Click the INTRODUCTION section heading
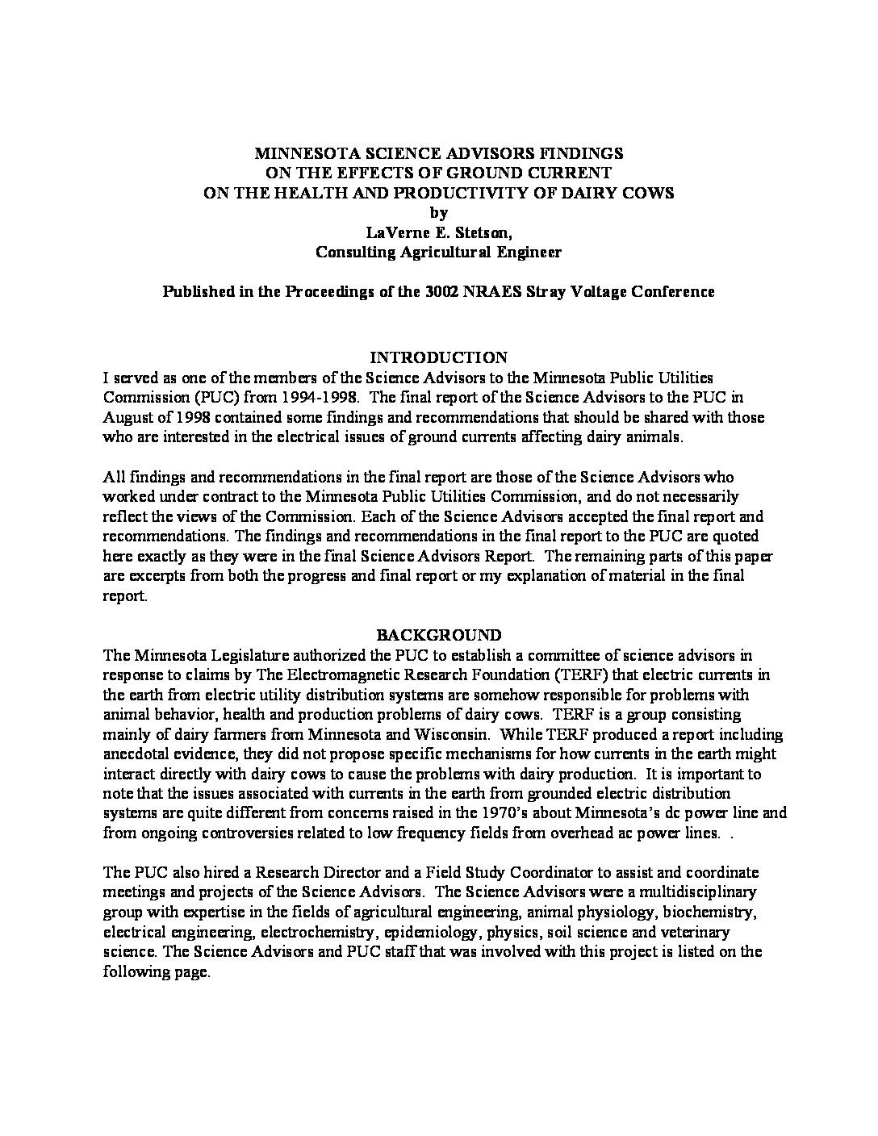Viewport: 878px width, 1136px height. [438, 357]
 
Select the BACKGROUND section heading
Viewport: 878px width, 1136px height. [438, 635]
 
